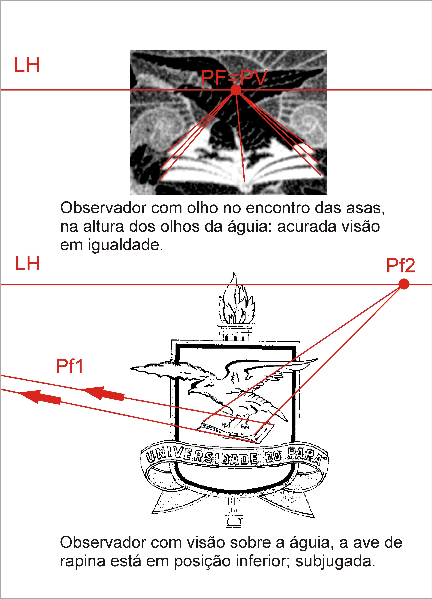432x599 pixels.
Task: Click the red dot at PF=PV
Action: [x=236, y=90]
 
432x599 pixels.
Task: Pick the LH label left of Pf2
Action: [x=27, y=263]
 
